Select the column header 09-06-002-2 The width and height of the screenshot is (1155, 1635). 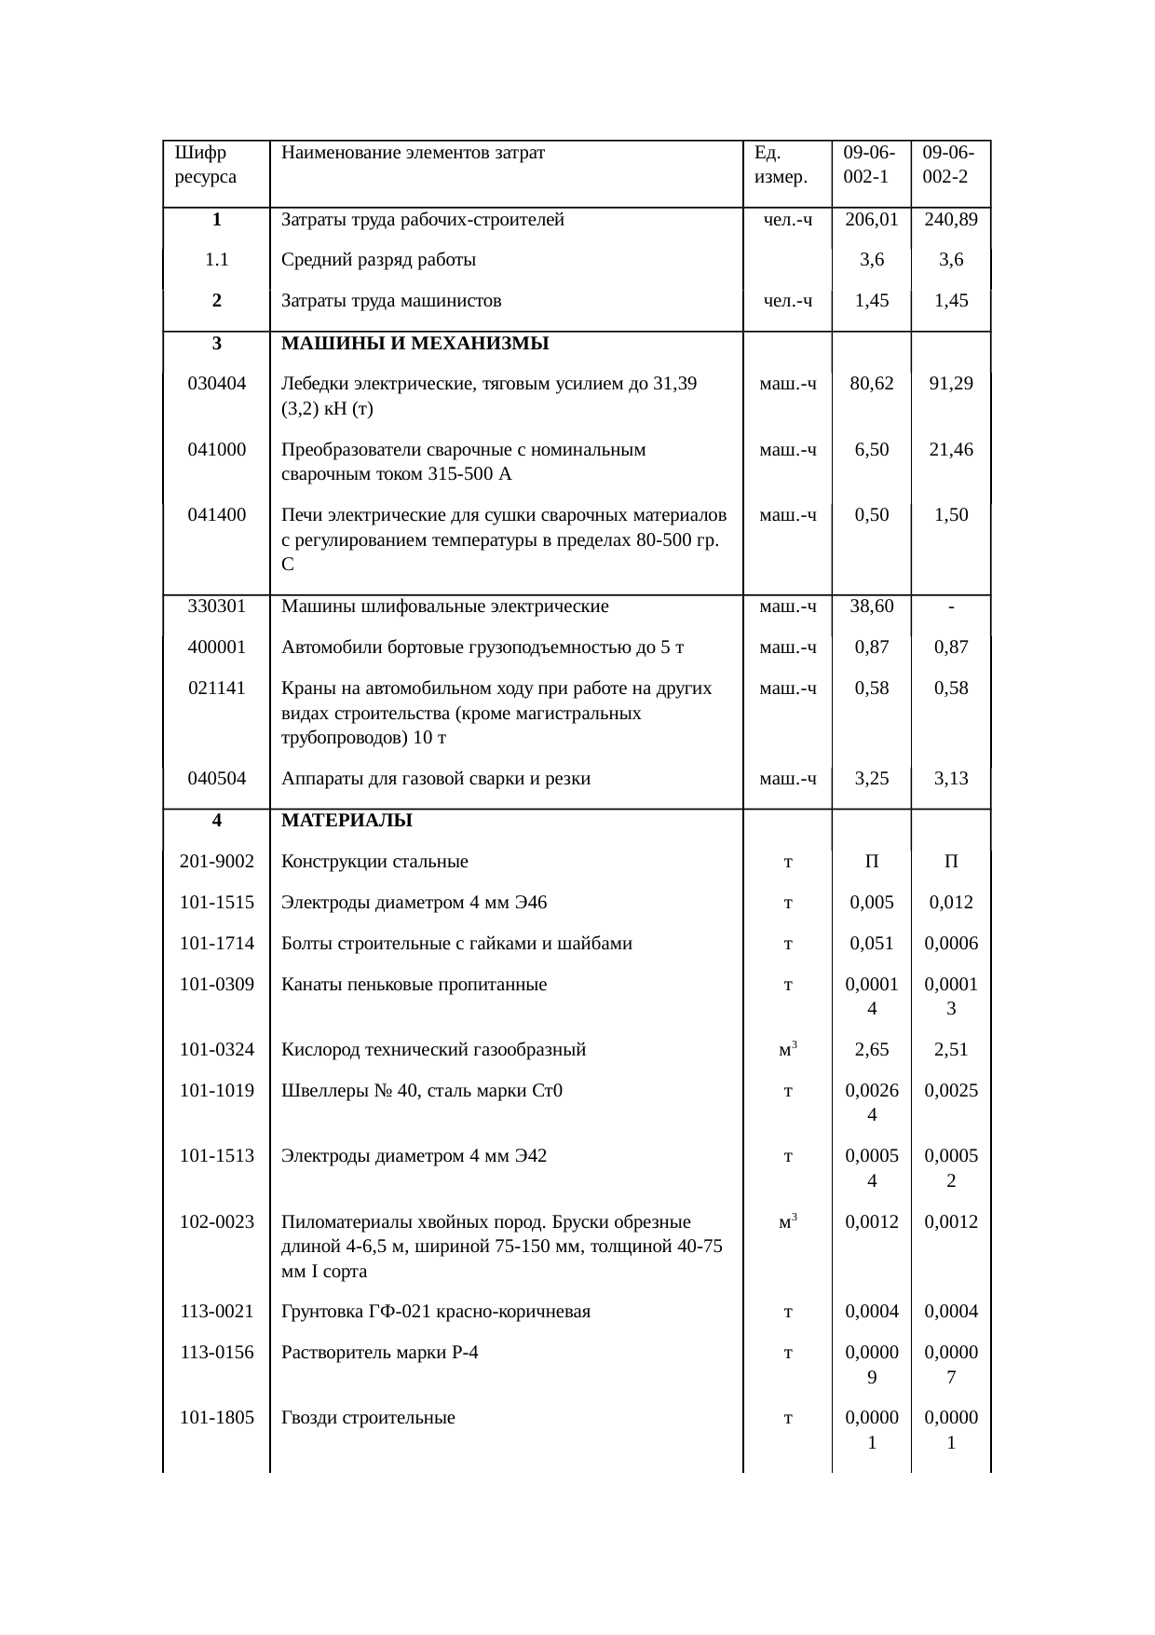pyautogui.click(x=949, y=164)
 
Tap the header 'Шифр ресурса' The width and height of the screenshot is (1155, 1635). pyautogui.click(x=205, y=164)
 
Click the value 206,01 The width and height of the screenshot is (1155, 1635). pyautogui.click(x=871, y=221)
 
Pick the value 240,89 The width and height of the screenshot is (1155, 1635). pyautogui.click(x=950, y=221)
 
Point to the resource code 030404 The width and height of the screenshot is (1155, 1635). pyautogui.click(x=217, y=384)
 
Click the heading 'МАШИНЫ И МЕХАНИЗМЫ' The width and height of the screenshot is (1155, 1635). pyautogui.click(x=414, y=344)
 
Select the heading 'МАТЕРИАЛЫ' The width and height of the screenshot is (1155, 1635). pyautogui.click(x=346, y=821)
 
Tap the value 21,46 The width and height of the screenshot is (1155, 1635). pyautogui.click(x=950, y=450)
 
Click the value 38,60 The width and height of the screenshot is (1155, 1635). pyautogui.click(x=871, y=607)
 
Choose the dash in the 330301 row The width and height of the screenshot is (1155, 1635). pyautogui.click(x=950, y=607)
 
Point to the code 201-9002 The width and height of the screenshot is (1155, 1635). pyautogui.click(x=217, y=862)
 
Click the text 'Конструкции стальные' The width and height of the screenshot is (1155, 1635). pyautogui.click(x=374, y=862)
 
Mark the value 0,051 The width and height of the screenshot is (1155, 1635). pyautogui.click(x=871, y=944)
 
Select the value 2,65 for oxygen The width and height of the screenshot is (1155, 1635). pyautogui.click(x=871, y=1050)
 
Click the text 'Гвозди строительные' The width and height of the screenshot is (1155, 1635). pyautogui.click(x=368, y=1419)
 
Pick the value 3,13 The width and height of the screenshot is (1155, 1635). pyautogui.click(x=950, y=779)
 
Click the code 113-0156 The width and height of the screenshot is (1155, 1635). pyautogui.click(x=217, y=1353)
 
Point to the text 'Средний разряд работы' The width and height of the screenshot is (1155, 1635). pyautogui.click(x=378, y=261)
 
